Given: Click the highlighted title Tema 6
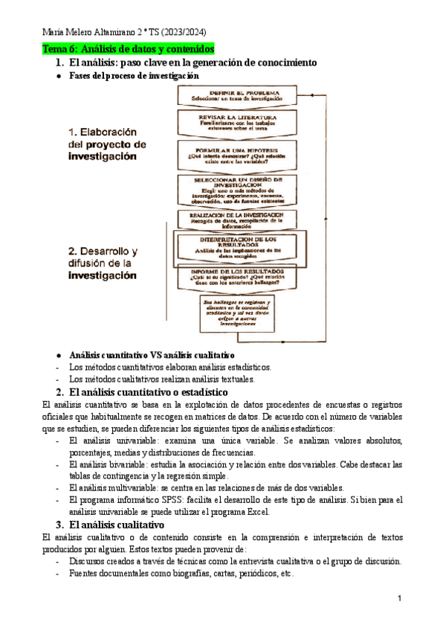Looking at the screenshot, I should tap(129, 49).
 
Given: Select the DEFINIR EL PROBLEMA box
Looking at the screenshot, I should tap(236, 95).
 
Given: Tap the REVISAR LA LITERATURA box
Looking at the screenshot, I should tap(237, 124).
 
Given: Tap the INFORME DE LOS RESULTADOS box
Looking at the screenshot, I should tap(238, 278).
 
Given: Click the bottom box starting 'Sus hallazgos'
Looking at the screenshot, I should tap(237, 313).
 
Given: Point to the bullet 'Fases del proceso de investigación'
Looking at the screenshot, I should tap(135, 76).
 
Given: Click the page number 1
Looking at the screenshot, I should tap(399, 598).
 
